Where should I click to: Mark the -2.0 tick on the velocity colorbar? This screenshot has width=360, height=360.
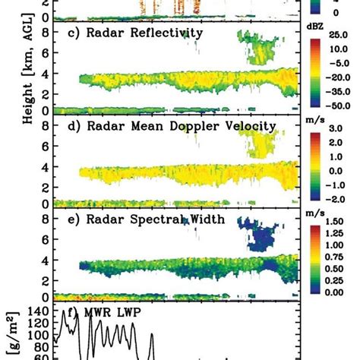point(339,199)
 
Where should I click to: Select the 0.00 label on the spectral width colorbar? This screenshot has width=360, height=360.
point(339,292)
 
